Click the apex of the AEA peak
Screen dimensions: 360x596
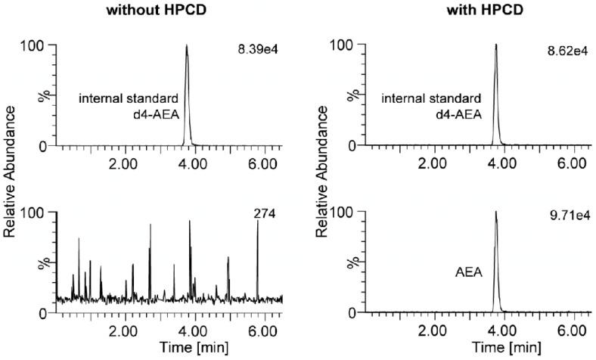coord(495,213)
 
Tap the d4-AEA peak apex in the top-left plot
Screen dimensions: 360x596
coord(187,46)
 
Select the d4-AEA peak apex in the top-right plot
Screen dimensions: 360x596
coord(495,45)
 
